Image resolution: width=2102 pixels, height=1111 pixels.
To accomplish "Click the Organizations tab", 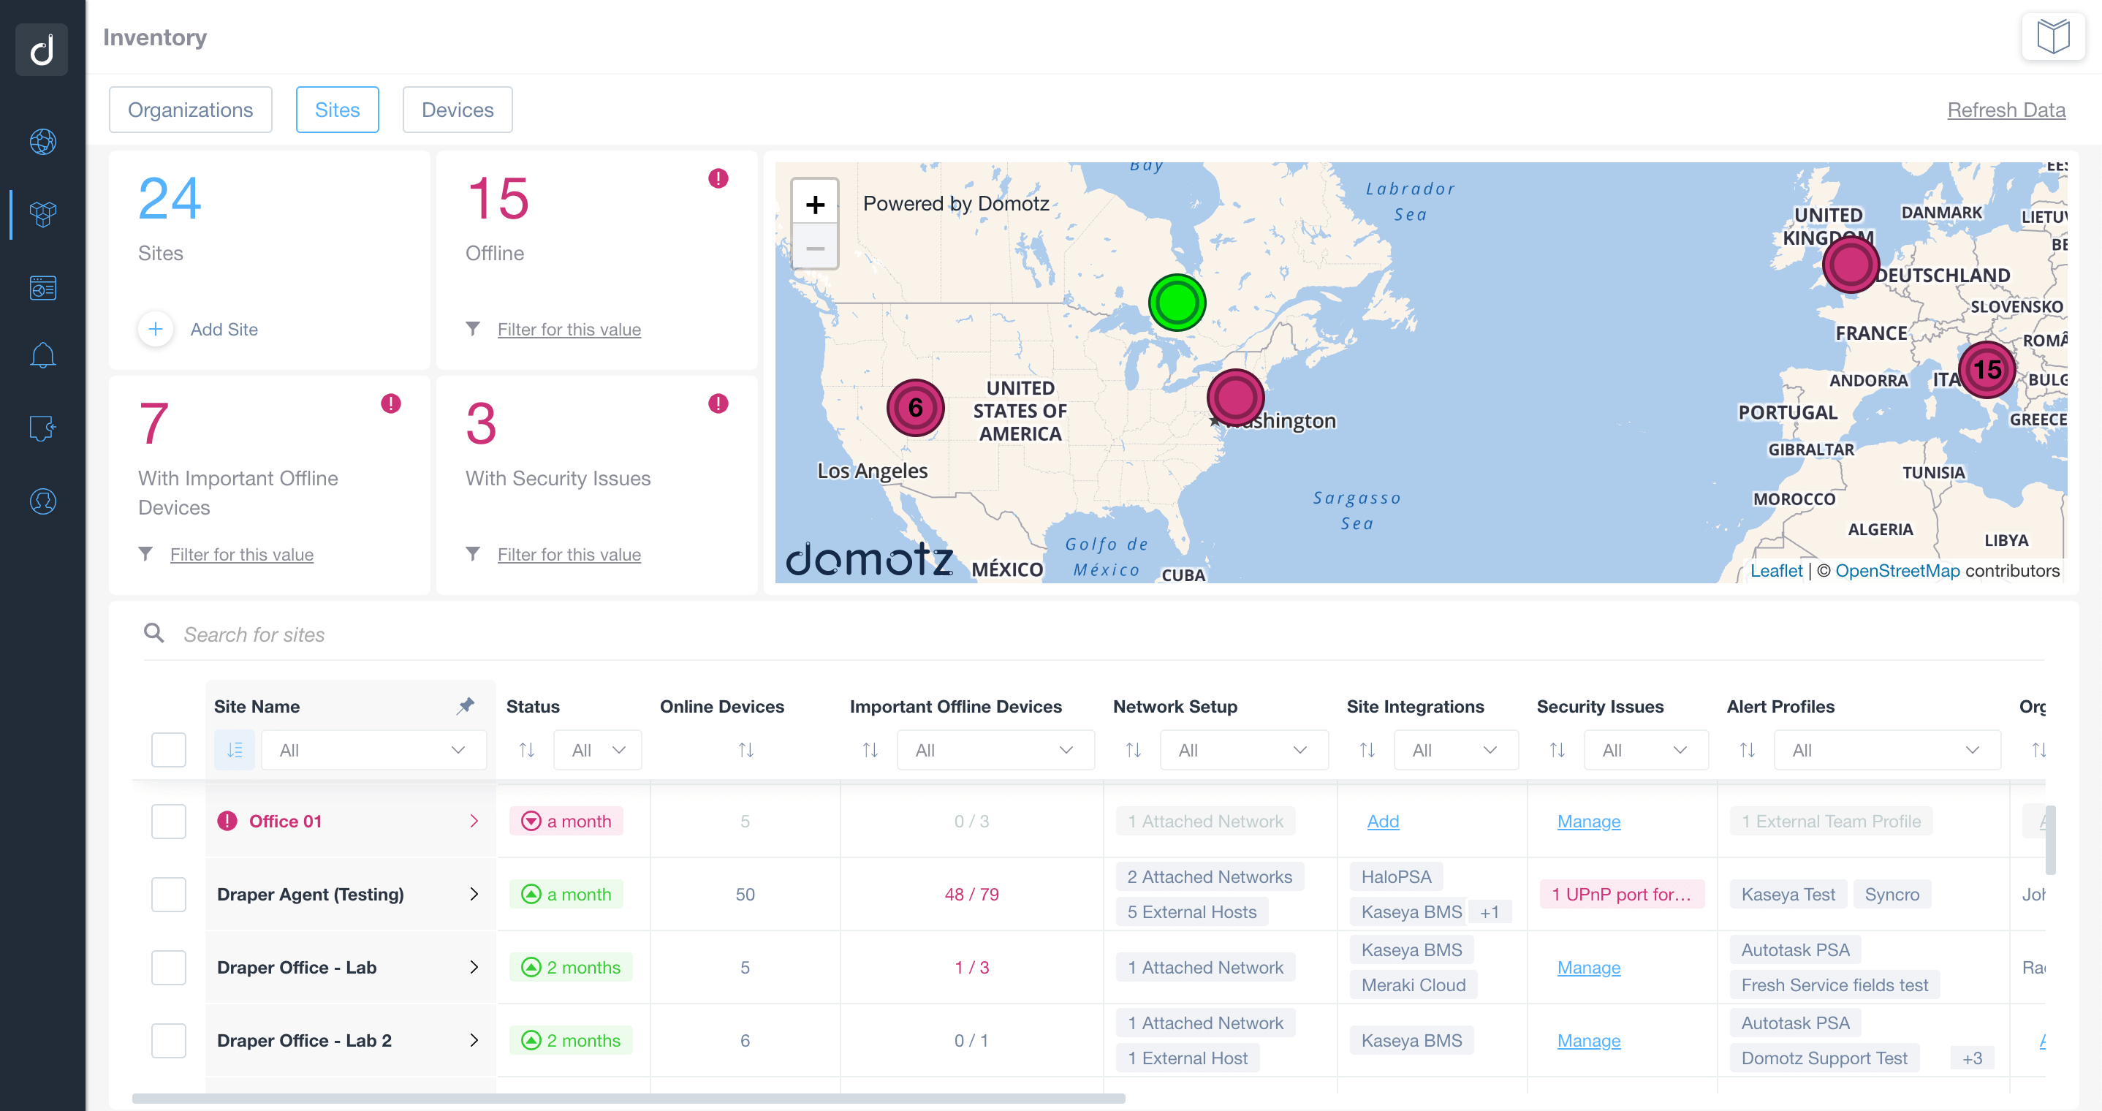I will point(190,110).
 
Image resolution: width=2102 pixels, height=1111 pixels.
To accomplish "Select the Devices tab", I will point(457,110).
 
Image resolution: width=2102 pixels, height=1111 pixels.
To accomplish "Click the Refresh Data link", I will point(2006,110).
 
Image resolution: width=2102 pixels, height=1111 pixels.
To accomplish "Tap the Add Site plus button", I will point(155,329).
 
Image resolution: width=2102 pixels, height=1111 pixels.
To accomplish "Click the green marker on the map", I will point(1176,302).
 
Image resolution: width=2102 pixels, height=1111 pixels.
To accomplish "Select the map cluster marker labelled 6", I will point(915,407).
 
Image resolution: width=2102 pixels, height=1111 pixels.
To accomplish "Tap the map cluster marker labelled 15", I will point(1986,370).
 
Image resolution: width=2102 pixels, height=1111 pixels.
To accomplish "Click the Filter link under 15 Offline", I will point(569,329).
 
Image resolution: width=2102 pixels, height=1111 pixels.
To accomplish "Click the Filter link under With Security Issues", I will point(569,554).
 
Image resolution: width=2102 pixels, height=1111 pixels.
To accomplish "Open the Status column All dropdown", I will point(597,749).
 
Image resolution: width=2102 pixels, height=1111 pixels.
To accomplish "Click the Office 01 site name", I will point(285,822).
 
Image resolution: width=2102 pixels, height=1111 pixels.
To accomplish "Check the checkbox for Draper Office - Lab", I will point(168,967).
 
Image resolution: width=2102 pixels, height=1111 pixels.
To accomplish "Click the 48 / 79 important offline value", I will point(971,894).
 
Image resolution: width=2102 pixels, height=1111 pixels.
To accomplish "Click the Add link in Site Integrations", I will point(1382,822).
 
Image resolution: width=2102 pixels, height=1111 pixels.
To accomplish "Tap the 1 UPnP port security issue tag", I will point(1620,894).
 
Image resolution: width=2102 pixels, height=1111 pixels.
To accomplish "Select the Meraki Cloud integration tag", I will point(1413,985).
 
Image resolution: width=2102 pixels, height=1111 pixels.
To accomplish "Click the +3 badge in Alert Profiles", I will point(1971,1058).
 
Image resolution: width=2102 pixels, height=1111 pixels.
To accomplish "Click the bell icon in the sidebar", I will point(42,355).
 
